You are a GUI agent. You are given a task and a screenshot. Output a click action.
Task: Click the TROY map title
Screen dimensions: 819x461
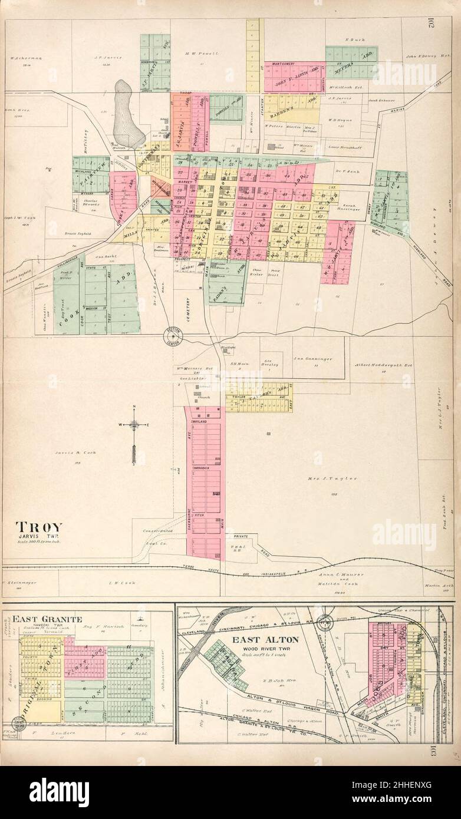(x=37, y=526)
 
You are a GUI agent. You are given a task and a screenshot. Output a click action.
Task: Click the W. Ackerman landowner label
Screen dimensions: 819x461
(x=24, y=58)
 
